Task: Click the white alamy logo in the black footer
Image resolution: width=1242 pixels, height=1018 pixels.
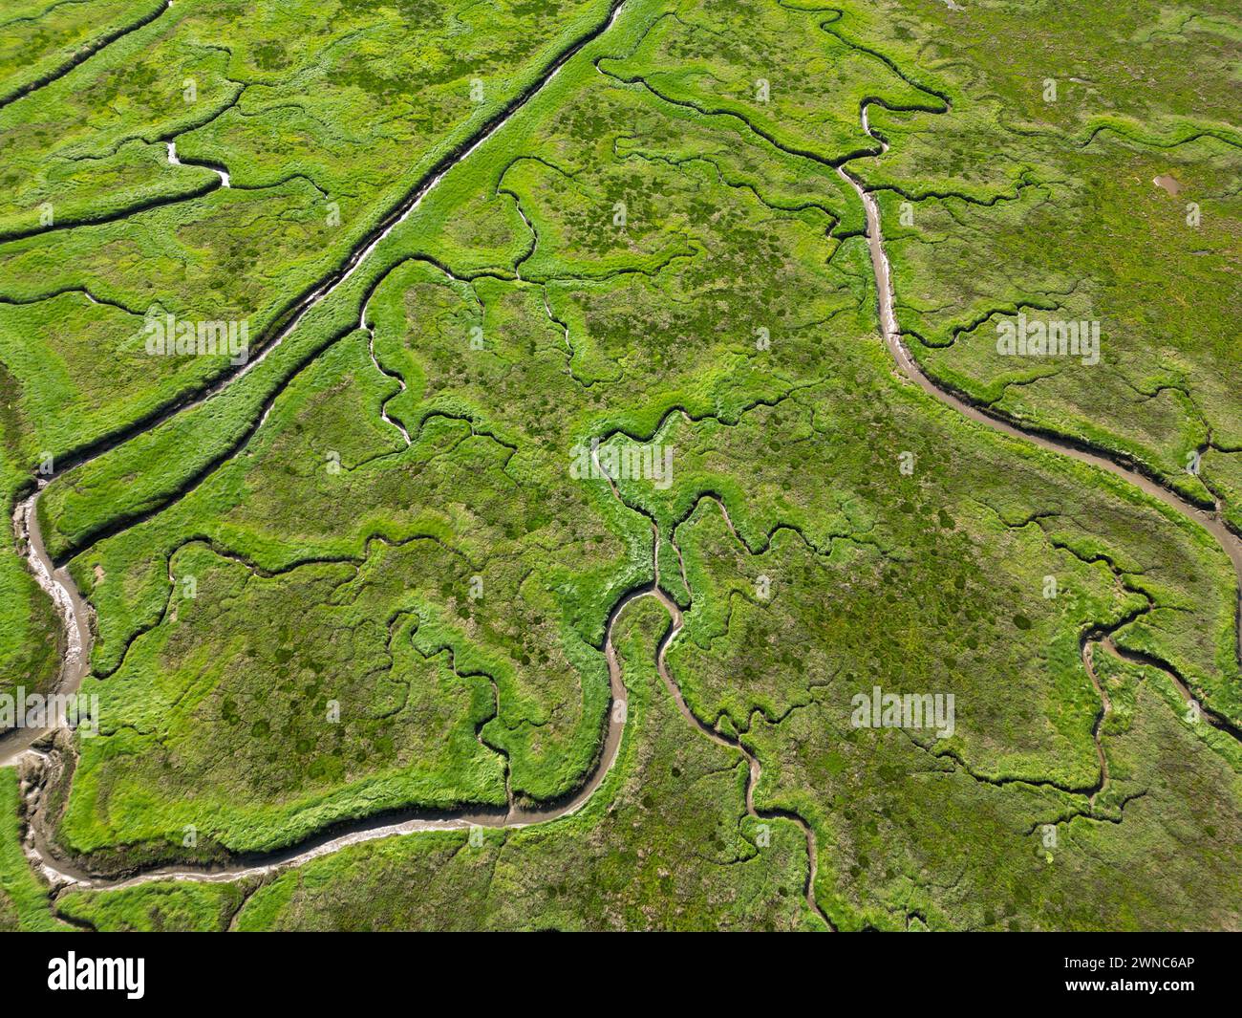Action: click(96, 975)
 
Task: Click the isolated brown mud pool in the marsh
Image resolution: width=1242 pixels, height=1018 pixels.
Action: click(1166, 182)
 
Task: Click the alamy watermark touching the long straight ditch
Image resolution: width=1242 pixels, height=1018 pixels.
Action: click(197, 334)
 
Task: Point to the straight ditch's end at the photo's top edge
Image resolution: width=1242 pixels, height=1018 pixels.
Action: click(621, 4)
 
